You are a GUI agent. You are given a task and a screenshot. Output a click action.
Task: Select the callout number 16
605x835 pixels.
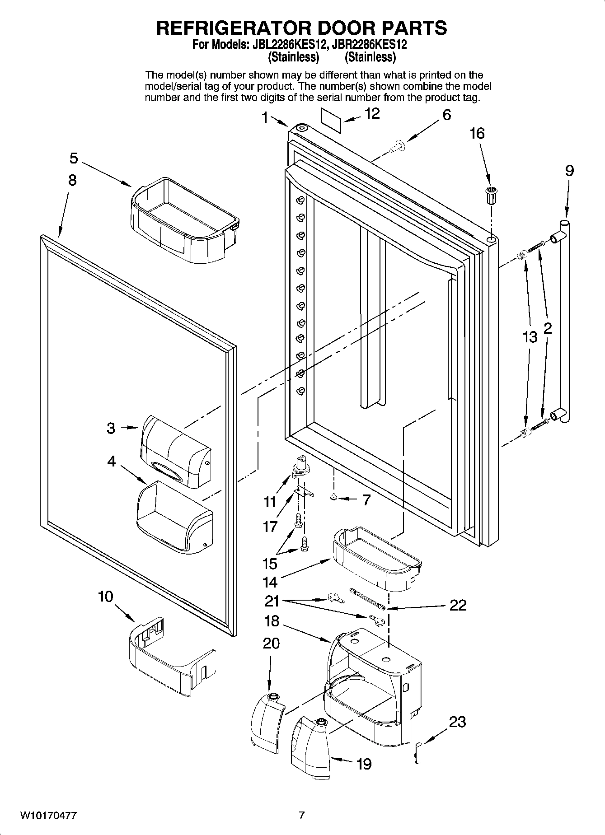[477, 134]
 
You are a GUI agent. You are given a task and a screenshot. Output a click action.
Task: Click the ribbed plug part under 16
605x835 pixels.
[491, 195]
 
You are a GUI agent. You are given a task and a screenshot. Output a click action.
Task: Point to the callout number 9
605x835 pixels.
[569, 171]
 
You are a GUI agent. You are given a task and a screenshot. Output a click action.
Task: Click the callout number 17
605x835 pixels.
[270, 526]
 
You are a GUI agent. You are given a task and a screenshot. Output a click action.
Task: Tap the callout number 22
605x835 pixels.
[457, 605]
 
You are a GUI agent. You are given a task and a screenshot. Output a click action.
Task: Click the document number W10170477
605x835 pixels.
[48, 816]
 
